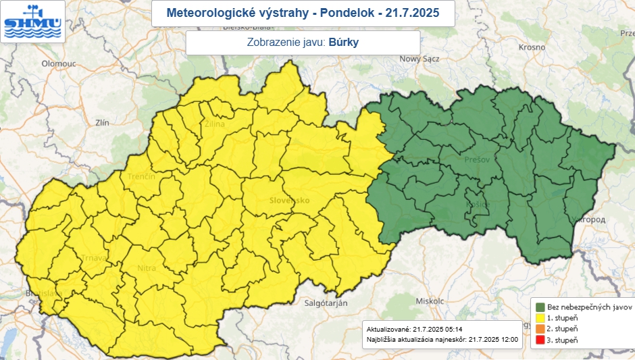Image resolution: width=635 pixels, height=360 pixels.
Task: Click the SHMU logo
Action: point(32,22)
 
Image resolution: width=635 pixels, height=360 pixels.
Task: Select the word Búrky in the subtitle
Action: point(344,43)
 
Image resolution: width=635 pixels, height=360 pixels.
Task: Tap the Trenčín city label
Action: point(141,177)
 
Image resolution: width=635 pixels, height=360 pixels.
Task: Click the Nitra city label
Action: point(147,268)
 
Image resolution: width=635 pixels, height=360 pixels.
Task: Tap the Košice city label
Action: point(477,205)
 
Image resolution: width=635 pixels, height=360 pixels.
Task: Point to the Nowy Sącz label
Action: point(420,59)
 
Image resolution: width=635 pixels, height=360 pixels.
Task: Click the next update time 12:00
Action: point(509,338)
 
